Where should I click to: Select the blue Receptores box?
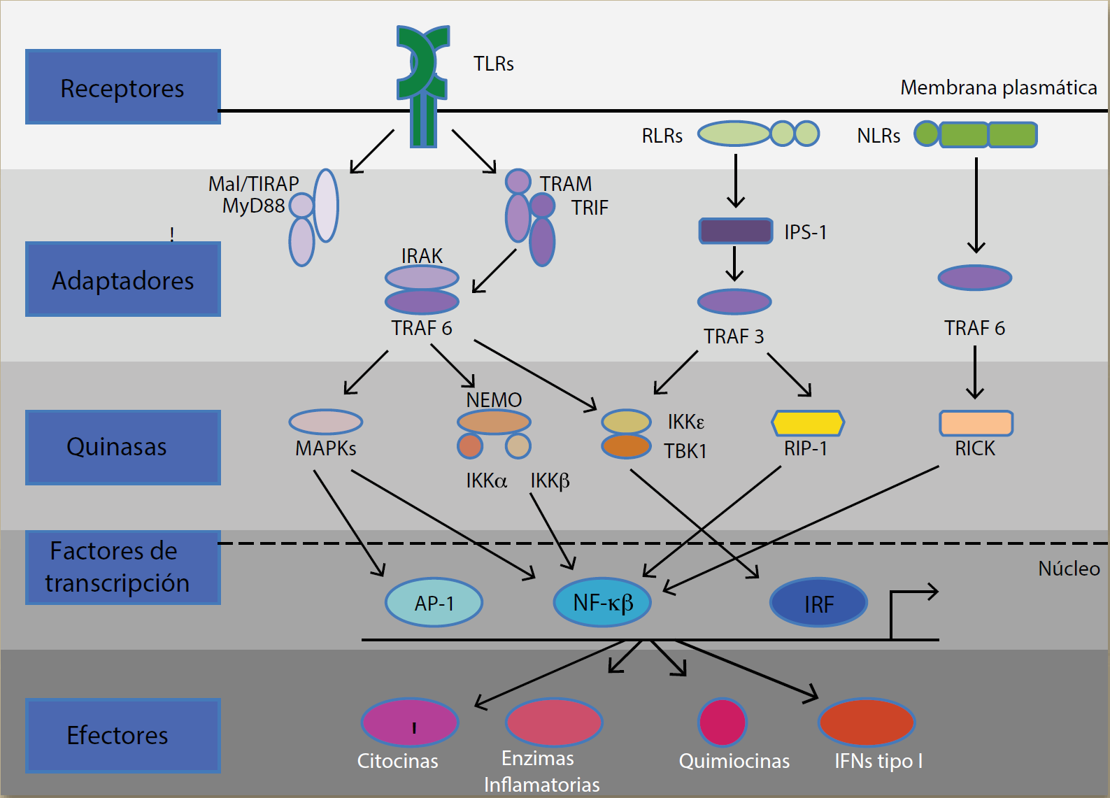(123, 87)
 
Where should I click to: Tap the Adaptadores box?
(123, 279)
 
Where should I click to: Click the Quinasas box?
(123, 448)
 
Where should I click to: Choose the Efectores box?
(123, 735)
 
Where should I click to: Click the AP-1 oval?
(434, 602)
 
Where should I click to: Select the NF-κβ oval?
(602, 602)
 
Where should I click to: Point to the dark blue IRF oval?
(818, 603)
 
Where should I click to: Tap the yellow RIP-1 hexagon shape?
(808, 423)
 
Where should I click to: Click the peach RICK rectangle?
(976, 423)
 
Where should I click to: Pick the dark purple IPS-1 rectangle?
(736, 231)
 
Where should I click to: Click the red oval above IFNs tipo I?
(867, 722)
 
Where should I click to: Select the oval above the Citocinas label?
(410, 722)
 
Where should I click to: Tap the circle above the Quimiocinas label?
(723, 722)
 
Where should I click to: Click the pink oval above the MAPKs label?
(325, 422)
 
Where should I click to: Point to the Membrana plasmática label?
(998, 87)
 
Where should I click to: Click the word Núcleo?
(1069, 569)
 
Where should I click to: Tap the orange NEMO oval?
(494, 422)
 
